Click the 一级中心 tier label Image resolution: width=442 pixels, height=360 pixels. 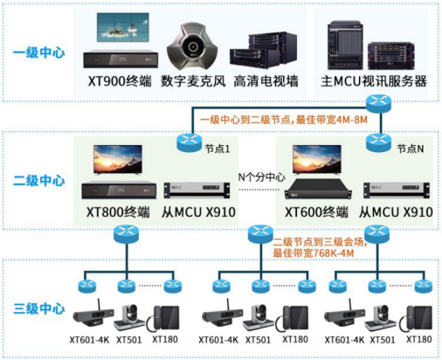(38, 52)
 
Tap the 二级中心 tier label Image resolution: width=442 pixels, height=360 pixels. (38, 181)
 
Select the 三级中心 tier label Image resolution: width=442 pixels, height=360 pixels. (38, 308)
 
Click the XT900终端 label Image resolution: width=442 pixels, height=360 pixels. (120, 81)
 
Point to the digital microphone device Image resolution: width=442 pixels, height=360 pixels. (192, 45)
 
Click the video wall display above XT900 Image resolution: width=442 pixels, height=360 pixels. (122, 27)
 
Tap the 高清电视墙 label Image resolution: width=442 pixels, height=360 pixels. (266, 81)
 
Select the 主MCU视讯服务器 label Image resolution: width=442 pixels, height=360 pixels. (374, 81)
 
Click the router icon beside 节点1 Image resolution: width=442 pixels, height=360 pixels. (190, 142)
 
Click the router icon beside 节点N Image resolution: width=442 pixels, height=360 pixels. (378, 142)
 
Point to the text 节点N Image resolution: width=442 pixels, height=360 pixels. (411, 149)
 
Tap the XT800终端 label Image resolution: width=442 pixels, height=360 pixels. (118, 212)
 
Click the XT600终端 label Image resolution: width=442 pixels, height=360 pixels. (316, 212)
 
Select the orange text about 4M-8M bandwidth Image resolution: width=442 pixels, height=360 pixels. (283, 120)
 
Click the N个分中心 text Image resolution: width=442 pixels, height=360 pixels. (261, 177)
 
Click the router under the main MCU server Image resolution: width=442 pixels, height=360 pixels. (378, 103)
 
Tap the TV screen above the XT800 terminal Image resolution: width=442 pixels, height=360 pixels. (118, 160)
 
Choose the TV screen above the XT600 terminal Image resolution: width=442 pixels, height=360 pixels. (317, 160)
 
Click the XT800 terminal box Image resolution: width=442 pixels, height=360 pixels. (119, 190)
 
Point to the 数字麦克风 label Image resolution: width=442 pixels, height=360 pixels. (193, 81)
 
